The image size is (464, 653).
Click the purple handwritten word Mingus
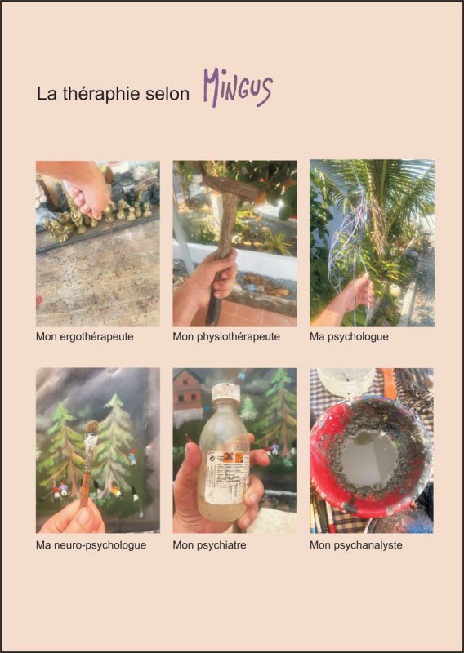pyautogui.click(x=238, y=87)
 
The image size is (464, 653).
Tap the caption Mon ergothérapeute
pyautogui.click(x=85, y=336)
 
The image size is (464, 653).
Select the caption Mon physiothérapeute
pyautogui.click(x=226, y=336)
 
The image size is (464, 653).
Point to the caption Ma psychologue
pyautogui.click(x=349, y=336)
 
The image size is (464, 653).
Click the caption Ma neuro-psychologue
pyautogui.click(x=91, y=544)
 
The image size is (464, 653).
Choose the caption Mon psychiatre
pyautogui.click(x=209, y=544)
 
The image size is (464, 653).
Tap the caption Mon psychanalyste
pyautogui.click(x=356, y=544)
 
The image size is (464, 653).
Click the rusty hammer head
pyautogui.click(x=230, y=187)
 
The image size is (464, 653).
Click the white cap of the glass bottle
pyautogui.click(x=225, y=393)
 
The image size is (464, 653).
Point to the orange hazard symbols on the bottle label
pyautogui.click(x=233, y=457)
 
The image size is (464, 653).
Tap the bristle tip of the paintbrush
pyautogui.click(x=91, y=427)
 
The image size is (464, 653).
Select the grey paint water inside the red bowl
pyautogui.click(x=368, y=456)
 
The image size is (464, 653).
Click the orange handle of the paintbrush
pyautogui.click(x=87, y=479)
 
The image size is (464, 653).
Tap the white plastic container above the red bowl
pyautogui.click(x=346, y=381)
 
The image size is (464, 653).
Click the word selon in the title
pyautogui.click(x=167, y=94)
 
